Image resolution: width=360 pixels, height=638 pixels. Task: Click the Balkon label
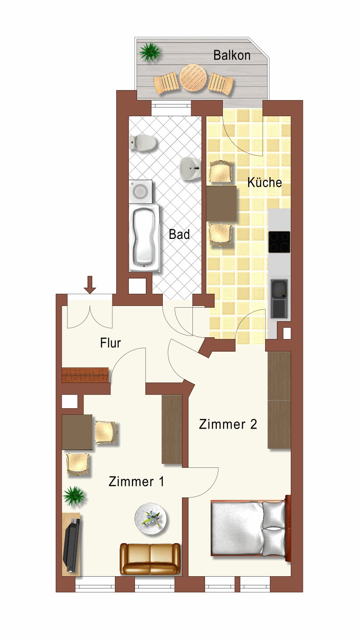point(232,55)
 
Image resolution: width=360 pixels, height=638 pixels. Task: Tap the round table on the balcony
point(193,77)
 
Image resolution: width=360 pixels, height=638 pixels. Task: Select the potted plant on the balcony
point(150,52)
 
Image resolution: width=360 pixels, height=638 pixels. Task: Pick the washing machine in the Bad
point(140,191)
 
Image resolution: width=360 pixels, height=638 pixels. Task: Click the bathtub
point(144,237)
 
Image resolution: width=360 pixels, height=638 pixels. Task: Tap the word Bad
point(179,235)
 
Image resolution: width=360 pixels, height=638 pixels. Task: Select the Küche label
point(265,182)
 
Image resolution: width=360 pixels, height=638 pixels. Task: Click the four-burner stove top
point(279,242)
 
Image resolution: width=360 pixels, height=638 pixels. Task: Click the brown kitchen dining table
point(221,204)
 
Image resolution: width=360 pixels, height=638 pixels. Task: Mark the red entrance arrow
point(90,285)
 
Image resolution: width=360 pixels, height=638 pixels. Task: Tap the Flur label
point(111,343)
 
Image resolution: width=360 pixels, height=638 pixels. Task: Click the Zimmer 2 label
point(228,424)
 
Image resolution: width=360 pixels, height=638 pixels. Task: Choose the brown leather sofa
point(150,558)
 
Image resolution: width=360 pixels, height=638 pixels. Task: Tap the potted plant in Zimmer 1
point(74,496)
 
